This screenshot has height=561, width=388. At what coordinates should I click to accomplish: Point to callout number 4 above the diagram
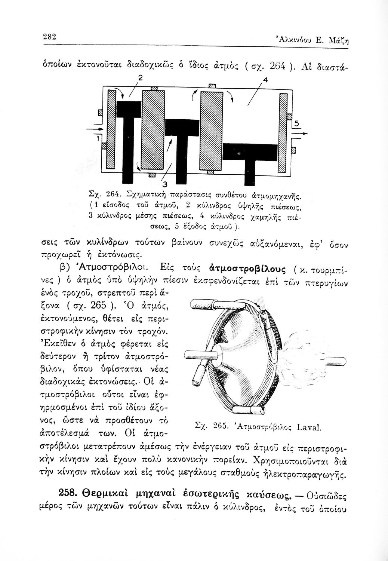pos(266,79)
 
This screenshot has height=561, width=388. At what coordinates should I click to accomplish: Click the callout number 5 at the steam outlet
pos(297,123)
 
